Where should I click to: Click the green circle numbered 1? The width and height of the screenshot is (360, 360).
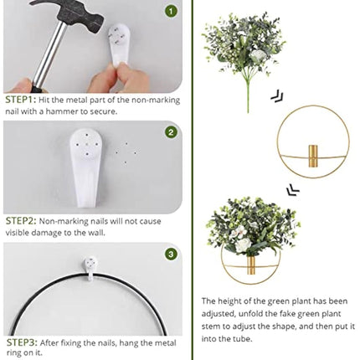(x=171, y=12)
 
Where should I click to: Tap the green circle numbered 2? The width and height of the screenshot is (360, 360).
(x=171, y=131)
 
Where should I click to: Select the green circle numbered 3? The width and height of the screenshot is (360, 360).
(x=171, y=254)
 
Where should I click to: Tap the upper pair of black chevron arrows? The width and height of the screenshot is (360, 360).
(x=277, y=97)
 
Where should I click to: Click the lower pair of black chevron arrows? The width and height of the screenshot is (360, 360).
(x=292, y=189)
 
